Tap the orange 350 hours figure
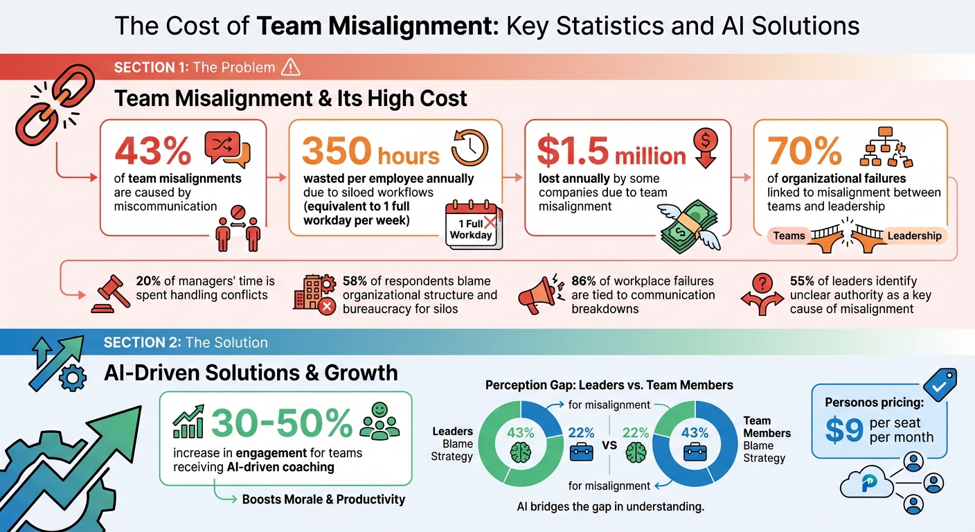(370, 150)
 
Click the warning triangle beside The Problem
(290, 67)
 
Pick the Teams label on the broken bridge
(789, 236)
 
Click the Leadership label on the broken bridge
(913, 236)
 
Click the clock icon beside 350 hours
(469, 148)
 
